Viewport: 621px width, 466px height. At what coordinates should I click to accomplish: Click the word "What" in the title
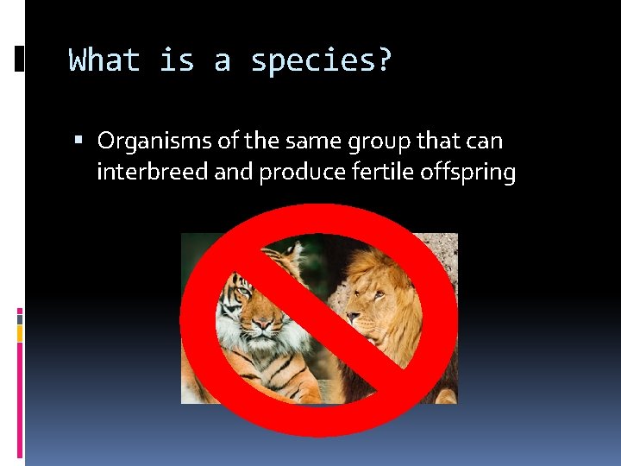(103, 60)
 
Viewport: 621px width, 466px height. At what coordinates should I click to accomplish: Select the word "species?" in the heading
(321, 61)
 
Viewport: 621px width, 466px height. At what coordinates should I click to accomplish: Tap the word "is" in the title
(177, 60)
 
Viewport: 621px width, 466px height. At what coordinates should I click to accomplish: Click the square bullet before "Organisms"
(78, 141)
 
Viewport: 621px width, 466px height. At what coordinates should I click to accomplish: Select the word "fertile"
(385, 173)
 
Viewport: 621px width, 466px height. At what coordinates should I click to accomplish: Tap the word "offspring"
(467, 173)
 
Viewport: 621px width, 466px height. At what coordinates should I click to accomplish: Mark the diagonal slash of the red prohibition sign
(318, 319)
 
